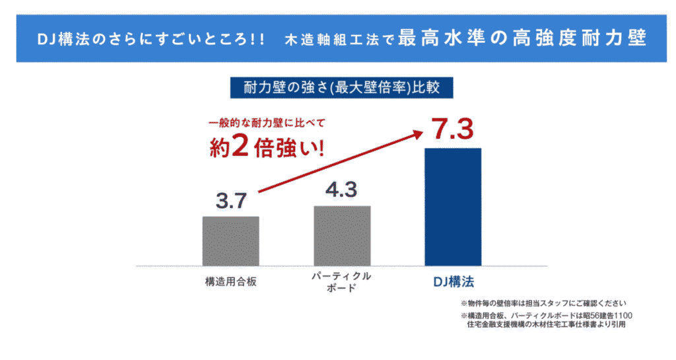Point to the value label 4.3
click(341, 190)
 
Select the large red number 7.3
click(452, 129)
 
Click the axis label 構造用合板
click(230, 281)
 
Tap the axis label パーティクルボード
click(341, 282)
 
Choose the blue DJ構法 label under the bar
click(454, 281)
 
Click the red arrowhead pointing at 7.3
click(417, 133)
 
